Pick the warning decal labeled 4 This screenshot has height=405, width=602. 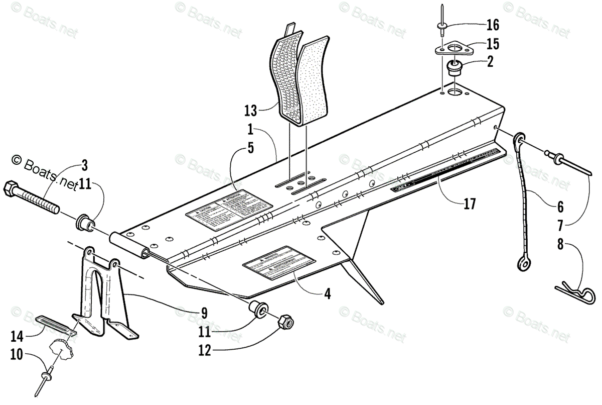point(279,261)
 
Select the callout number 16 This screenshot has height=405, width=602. point(493,24)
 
